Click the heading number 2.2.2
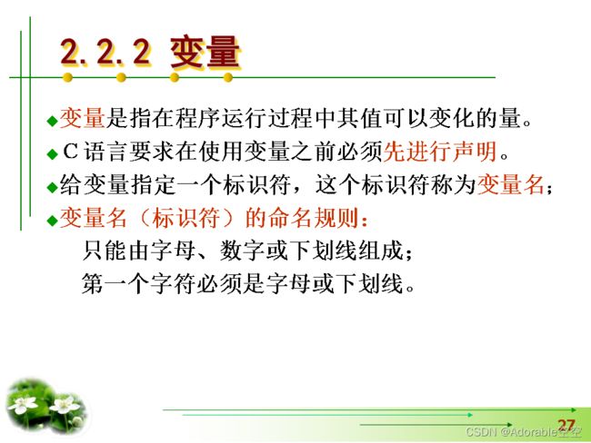coord(105,52)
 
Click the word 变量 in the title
coord(205,52)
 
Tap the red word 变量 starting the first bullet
coord(82,118)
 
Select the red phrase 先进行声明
coord(440,152)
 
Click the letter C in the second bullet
coord(70,152)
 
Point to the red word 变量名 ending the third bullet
coord(511,185)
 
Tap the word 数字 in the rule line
coord(243,251)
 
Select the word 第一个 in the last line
coord(115,283)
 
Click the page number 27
coord(566,426)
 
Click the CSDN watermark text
coord(523,432)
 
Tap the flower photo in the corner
coord(46,407)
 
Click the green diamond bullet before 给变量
coord(52,187)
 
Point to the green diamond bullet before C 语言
coord(52,154)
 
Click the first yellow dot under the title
coord(67,77)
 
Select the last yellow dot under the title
coord(227,77)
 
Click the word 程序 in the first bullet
coord(198,118)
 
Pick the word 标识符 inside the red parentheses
coord(185,218)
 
